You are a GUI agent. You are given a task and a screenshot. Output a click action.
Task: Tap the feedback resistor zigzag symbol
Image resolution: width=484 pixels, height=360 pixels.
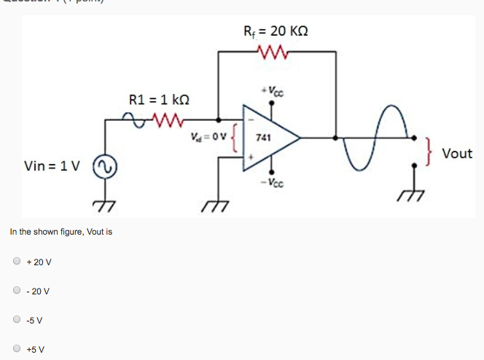(275, 52)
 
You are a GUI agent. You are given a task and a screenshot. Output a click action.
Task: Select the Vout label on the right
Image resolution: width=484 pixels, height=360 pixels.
(456, 154)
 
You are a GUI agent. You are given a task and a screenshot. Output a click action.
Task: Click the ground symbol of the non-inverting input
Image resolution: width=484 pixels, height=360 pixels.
(217, 205)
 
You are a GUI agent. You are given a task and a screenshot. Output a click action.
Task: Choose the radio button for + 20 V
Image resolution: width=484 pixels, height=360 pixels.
(17, 261)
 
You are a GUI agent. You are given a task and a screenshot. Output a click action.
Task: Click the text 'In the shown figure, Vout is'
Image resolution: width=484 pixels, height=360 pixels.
(60, 232)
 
